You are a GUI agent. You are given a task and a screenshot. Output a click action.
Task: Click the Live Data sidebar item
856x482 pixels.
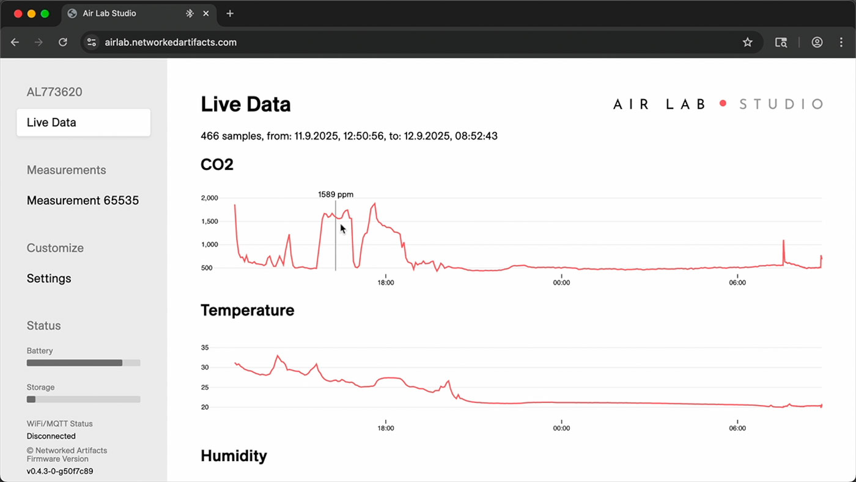[x=83, y=122]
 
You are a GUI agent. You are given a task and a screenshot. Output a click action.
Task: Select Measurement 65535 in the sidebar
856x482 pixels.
[x=83, y=200]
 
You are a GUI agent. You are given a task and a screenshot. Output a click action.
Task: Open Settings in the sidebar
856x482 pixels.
[x=49, y=278]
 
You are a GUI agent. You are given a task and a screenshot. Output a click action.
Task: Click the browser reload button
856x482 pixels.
[x=63, y=42]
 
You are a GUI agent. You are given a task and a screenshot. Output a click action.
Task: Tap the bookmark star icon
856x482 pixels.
[x=747, y=42]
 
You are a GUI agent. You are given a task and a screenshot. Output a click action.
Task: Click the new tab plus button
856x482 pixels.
[x=230, y=13]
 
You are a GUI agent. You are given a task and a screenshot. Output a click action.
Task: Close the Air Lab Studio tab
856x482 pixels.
[x=206, y=13]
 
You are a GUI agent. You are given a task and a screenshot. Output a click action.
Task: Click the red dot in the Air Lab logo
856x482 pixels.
[x=723, y=103]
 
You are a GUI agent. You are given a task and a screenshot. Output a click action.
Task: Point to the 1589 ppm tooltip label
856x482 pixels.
[x=336, y=194]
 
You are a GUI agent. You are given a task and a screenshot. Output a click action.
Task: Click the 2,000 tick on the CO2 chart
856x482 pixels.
[x=209, y=198]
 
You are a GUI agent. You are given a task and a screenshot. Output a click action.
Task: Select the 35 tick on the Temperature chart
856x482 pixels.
[x=205, y=347]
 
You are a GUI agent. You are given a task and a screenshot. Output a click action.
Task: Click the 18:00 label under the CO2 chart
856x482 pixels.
[x=386, y=283]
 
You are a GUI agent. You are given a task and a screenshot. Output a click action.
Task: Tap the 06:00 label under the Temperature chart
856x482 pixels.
[x=737, y=428]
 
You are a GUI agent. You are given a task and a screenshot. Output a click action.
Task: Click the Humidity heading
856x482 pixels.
[x=234, y=456]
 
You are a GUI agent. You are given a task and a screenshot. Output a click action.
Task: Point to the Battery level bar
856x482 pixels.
[x=83, y=363]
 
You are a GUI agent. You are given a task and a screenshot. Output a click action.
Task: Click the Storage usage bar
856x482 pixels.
[x=83, y=399]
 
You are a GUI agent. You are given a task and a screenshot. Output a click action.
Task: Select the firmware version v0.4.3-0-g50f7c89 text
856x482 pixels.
[x=60, y=471]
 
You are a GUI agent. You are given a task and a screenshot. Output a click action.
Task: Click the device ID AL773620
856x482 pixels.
[x=54, y=92]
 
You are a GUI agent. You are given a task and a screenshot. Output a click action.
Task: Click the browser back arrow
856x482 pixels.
[x=15, y=42]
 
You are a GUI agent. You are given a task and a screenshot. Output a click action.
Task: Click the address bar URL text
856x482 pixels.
[x=171, y=42]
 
